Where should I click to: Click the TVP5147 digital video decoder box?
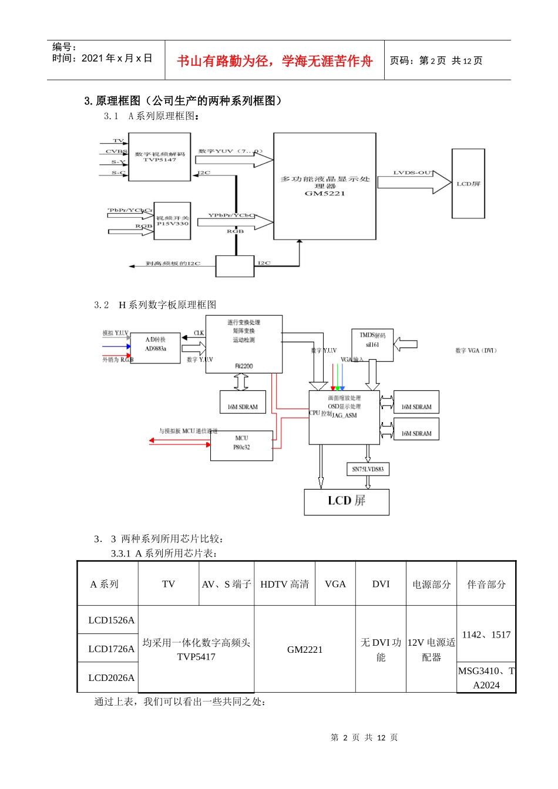pos(159,157)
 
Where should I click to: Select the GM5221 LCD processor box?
pos(325,186)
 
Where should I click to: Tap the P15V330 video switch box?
pos(172,221)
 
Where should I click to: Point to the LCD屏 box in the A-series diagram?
pos(468,184)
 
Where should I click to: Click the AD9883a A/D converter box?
pos(155,348)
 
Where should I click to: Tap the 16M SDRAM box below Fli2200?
pos(243,402)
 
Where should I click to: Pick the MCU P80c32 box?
pos(241,446)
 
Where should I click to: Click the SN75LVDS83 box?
pos(368,469)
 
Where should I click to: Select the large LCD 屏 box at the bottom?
pos(347,501)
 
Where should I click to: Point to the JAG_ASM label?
pos(344,416)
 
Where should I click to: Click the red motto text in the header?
pos(275,61)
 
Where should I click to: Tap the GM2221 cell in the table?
pos(305,649)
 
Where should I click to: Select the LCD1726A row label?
pos(111,649)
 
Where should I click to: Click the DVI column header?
pos(381,584)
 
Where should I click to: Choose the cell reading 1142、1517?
pos(486,635)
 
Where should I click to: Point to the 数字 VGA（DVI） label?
pos(476,350)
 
